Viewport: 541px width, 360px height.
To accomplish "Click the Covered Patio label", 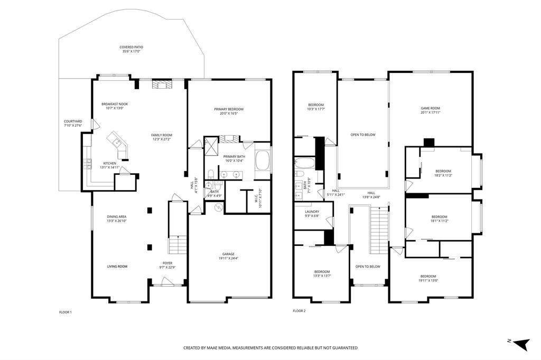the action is click(131, 49).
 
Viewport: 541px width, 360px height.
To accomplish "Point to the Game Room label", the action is click(430, 110).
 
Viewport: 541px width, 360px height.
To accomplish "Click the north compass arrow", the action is click(521, 344).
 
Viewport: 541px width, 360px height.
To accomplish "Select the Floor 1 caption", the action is click(65, 312).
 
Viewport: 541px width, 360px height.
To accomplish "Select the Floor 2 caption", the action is click(299, 311).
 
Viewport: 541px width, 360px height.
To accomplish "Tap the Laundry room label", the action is click(312, 213).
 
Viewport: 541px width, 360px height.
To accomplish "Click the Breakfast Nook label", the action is click(115, 106).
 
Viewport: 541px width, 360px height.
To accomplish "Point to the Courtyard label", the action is click(73, 124).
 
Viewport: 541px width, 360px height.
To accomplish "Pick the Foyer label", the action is click(167, 265).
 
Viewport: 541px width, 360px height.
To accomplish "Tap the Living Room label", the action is click(117, 266).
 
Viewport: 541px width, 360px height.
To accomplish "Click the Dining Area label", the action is click(117, 219).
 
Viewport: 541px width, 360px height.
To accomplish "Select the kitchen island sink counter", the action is click(118, 144).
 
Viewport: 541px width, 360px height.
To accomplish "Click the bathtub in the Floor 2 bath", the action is click(304, 163).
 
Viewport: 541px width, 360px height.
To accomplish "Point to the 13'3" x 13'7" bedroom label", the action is click(322, 273).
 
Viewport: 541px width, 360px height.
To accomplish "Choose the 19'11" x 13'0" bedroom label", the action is click(428, 278).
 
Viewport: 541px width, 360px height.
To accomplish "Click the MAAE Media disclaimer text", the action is click(270, 348).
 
